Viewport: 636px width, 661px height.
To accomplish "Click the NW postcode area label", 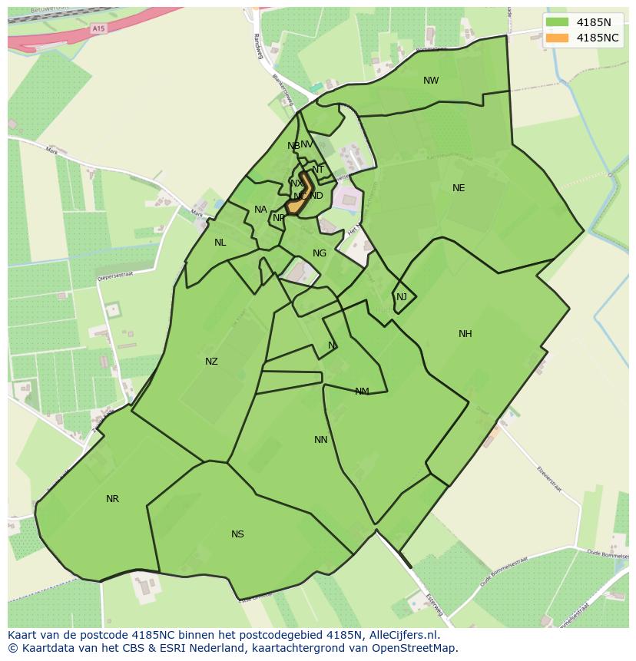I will pos(431,81).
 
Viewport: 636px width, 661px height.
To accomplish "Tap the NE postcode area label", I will pos(459,188).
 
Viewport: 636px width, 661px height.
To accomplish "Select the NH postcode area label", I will pos(465,334).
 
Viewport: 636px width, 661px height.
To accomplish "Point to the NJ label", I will pos(402,297).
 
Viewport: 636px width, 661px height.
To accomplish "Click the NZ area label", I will pos(211,362).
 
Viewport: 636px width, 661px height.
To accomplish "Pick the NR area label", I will pos(113,499).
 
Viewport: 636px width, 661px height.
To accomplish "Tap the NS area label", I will pos(237,534).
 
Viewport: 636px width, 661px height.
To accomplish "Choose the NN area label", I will pos(321,440).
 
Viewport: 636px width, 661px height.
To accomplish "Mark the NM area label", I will pos(362,392).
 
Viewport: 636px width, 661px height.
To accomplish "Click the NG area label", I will pos(320,253).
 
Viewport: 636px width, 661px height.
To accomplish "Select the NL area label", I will pos(220,243).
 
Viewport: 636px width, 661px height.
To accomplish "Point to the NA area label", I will pos(260,210).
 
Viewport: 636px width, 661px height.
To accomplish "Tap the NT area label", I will pos(318,170).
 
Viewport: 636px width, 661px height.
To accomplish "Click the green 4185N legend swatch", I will pos(557,21).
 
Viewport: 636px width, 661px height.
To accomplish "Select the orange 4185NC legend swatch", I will pos(557,38).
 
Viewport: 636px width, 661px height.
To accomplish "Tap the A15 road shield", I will pos(98,28).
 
